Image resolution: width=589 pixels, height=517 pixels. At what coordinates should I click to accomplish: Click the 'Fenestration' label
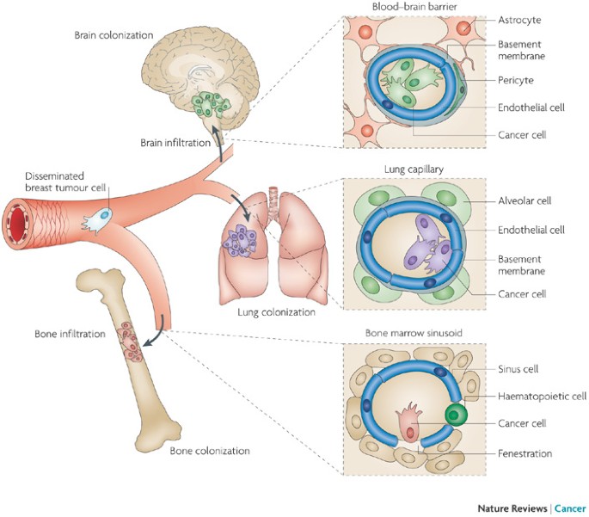pyautogui.click(x=525, y=453)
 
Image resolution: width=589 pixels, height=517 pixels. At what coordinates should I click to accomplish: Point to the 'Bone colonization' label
pyautogui.click(x=210, y=450)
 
